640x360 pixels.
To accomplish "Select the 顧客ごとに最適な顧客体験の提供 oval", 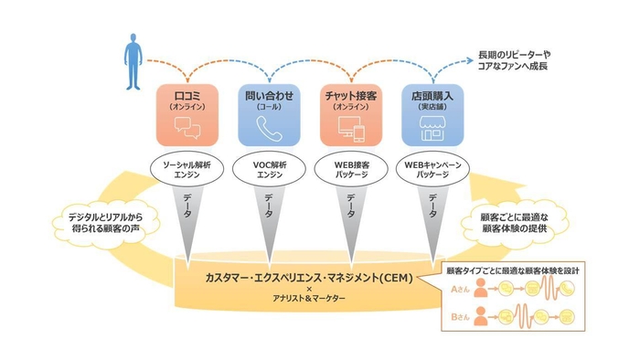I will pos(517,222).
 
